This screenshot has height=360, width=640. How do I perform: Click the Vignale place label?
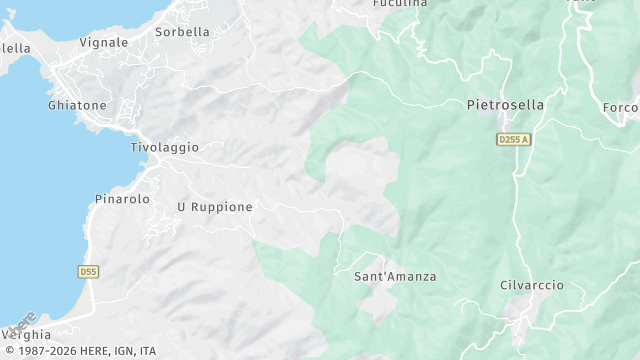[104, 43]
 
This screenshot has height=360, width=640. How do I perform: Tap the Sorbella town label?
[182, 32]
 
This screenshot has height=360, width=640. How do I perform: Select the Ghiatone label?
[76, 105]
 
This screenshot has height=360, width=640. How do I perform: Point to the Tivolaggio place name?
[164, 147]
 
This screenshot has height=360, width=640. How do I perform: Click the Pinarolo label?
[122, 199]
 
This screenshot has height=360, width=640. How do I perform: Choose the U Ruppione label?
[214, 207]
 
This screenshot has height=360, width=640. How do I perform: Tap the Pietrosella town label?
[506, 105]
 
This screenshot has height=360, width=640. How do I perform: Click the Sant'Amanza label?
[395, 276]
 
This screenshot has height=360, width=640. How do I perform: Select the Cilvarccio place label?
[531, 285]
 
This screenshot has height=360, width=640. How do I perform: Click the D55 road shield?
[88, 271]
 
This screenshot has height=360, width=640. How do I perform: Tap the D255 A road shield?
[513, 140]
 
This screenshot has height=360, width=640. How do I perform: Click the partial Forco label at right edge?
[621, 108]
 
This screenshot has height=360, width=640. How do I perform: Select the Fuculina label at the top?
[400, 4]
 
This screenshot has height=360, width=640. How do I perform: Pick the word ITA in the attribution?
[148, 351]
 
